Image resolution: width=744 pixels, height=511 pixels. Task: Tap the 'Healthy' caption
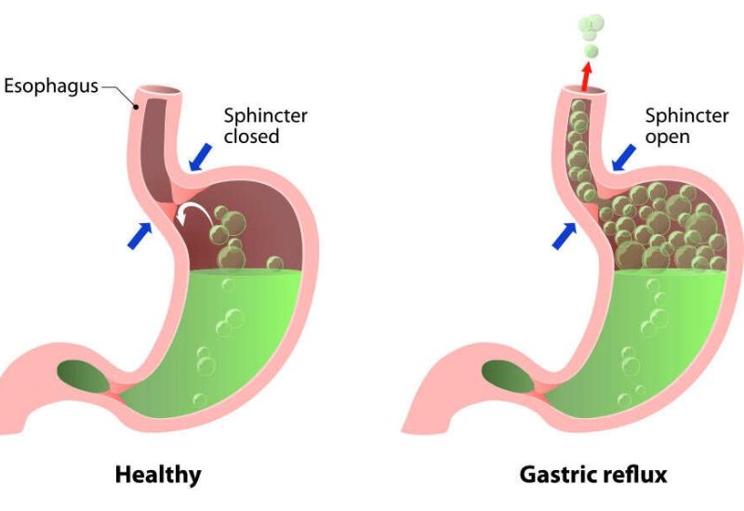157,475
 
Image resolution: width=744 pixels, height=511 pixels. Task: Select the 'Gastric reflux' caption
592,475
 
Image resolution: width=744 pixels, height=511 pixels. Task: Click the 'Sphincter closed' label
265,126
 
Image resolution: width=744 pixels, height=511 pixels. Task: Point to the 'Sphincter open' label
687,126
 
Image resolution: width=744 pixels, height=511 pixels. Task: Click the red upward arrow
587,75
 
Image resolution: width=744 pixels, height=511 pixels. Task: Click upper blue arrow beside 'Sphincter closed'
200,158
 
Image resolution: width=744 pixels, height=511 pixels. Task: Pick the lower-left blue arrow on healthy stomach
138,234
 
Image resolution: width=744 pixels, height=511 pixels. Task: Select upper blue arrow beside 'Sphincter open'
624,158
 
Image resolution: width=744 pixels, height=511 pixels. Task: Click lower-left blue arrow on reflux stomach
563,236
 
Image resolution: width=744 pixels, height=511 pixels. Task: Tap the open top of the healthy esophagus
159,91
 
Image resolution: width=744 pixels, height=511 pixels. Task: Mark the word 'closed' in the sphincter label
252,137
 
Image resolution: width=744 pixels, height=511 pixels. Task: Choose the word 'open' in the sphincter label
669,137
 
